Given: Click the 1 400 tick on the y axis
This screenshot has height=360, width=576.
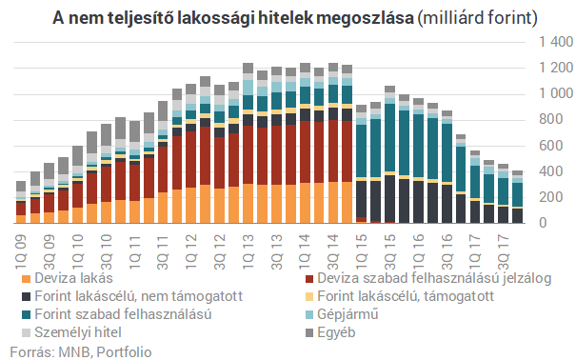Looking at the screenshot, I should [x=554, y=43].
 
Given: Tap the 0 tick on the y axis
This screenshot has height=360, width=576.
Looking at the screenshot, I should [x=567, y=223].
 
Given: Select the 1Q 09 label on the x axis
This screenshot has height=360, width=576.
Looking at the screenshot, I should [x=21, y=242].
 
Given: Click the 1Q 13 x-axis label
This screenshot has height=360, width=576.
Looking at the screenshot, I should [x=248, y=242].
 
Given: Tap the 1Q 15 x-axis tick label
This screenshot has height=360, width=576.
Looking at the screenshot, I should [x=362, y=242].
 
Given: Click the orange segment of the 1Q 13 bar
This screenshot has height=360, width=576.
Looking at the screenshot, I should [x=248, y=204].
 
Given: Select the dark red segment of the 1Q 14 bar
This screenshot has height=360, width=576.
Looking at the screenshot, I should [x=305, y=152].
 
